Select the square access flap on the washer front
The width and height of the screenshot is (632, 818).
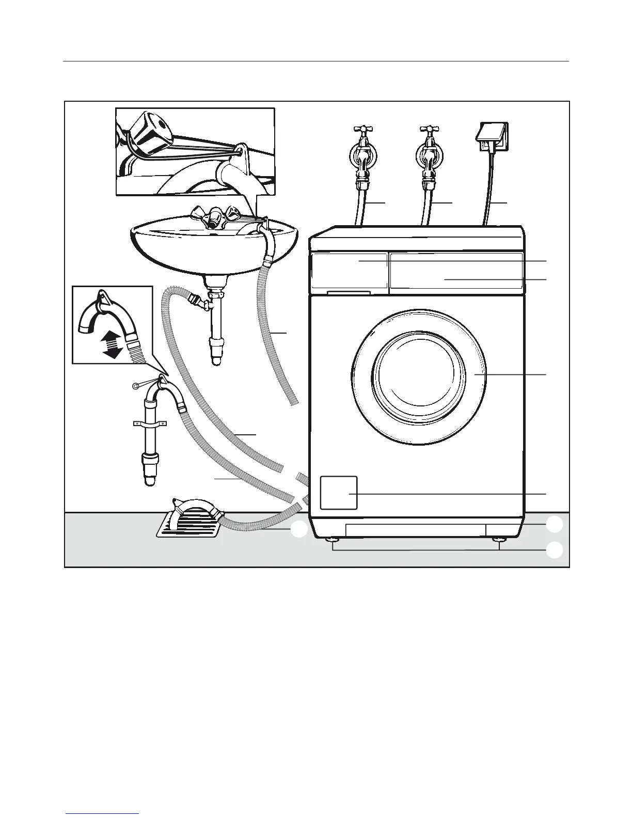[x=339, y=493]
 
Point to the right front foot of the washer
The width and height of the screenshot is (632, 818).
[x=499, y=540]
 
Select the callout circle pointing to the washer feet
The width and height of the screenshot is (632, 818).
[x=555, y=550]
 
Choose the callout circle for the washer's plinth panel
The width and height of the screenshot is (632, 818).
[x=555, y=525]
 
